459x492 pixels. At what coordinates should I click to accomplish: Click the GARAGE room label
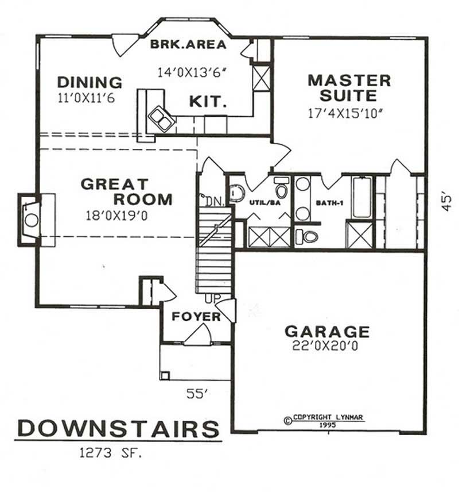328,331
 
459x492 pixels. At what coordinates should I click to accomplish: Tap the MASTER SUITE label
349,87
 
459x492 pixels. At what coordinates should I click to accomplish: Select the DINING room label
90,82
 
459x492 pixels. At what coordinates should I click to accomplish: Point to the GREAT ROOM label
126,192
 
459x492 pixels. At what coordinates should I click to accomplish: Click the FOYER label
196,317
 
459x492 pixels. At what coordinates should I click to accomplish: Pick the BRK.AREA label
188,44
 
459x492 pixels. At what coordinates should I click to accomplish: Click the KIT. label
207,102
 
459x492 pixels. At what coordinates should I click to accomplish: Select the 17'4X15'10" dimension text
345,113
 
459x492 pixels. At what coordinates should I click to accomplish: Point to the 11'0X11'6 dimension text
86,98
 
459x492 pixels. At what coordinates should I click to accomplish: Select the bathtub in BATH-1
361,197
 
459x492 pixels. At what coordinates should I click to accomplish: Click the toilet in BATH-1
308,236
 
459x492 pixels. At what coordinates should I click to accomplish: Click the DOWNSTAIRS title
118,429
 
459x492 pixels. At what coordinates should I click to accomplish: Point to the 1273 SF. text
111,453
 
